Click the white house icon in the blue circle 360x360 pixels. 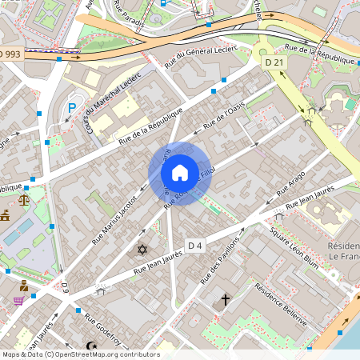pyautogui.click(x=180, y=173)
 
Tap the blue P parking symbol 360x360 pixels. pyautogui.click(x=72, y=108)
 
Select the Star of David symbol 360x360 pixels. pyautogui.click(x=143, y=250)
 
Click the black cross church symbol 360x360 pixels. pyautogui.click(x=226, y=300)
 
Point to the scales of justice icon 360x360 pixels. pyautogui.click(x=23, y=194)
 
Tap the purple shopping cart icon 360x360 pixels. pyautogui.click(x=18, y=301)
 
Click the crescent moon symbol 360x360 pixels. pyautogui.click(x=90, y=346)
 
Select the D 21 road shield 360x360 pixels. pyautogui.click(x=274, y=62)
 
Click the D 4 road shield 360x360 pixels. pyautogui.click(x=196, y=244)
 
